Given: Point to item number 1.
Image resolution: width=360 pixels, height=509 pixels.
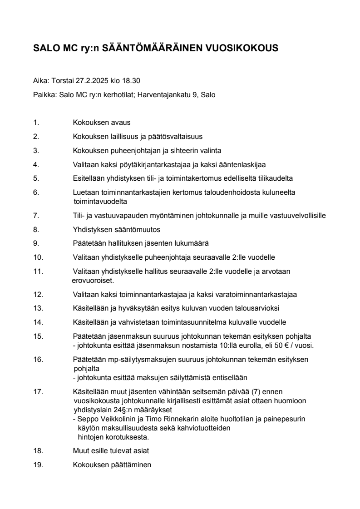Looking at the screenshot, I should (36, 123).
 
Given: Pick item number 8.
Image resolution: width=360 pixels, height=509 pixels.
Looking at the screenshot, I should (36, 229).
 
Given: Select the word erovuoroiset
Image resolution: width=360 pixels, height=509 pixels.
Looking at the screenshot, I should (89, 281).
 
